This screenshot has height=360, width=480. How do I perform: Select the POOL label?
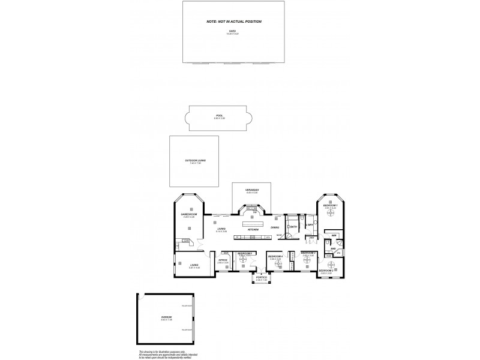[219, 117]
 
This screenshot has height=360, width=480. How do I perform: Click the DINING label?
[275, 227]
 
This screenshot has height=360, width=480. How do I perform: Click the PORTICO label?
[261, 278]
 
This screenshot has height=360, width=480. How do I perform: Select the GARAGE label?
[166, 317]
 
